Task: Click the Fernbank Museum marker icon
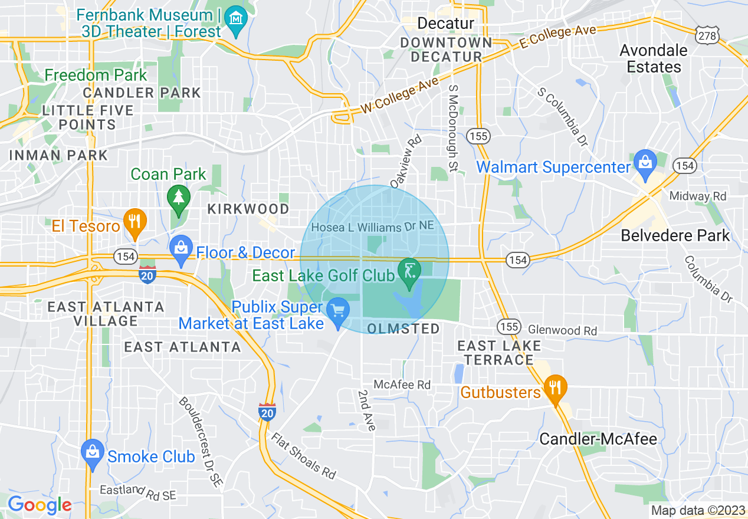[237, 16]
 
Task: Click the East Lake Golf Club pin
[409, 272]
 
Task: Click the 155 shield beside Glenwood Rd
[508, 326]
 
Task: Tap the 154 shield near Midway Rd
[685, 166]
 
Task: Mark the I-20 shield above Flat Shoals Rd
[267, 412]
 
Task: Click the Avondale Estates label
[654, 58]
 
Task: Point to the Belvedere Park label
[675, 236]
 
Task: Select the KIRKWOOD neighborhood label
[248, 209]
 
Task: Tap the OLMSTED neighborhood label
[403, 329]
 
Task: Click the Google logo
[40, 505]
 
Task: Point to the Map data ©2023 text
[697, 510]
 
